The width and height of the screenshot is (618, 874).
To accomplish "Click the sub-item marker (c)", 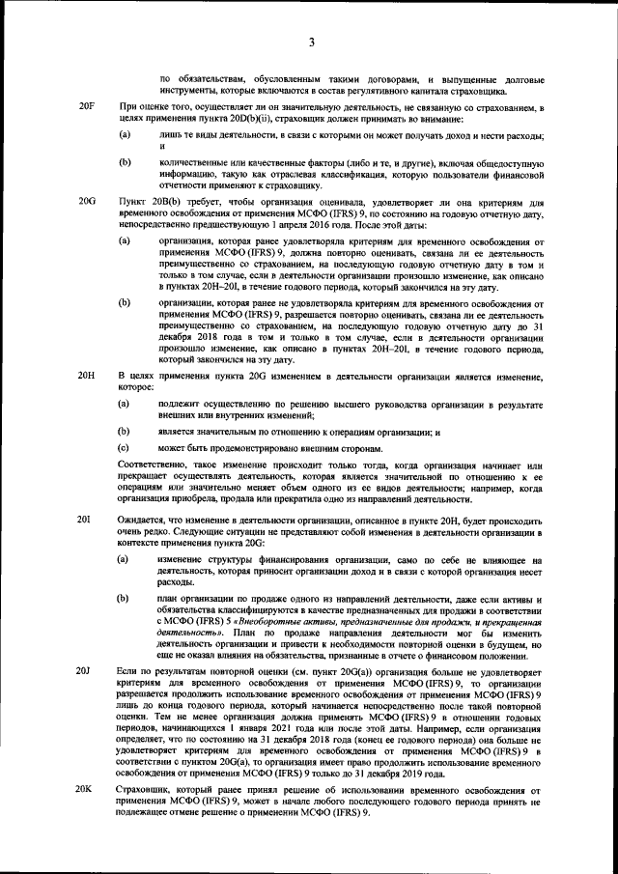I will click(125, 448).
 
